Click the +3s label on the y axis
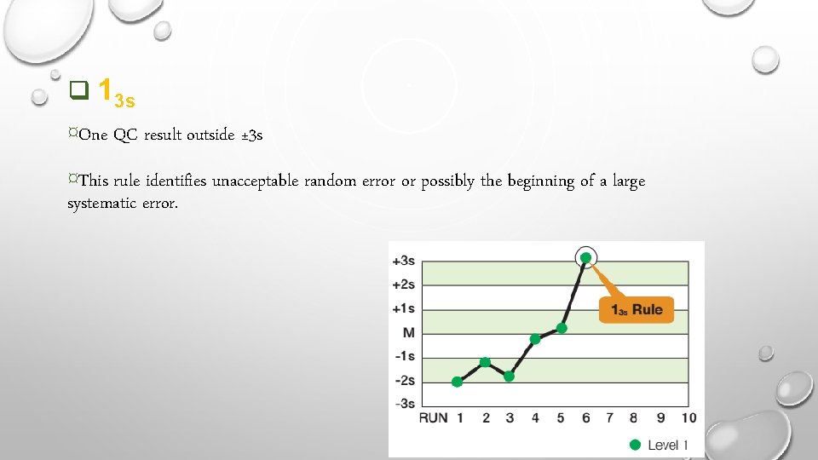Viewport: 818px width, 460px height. [x=403, y=260]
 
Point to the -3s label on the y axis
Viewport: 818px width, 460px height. [x=404, y=403]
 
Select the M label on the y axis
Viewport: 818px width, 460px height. [x=409, y=331]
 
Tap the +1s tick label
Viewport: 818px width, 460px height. [x=403, y=308]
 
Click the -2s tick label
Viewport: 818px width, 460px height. [x=404, y=380]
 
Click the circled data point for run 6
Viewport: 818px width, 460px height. [x=586, y=257]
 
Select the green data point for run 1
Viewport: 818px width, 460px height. [x=458, y=382]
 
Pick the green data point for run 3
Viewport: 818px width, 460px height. [x=510, y=376]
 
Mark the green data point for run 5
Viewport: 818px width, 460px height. [x=562, y=328]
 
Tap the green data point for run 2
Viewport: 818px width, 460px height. [x=486, y=362]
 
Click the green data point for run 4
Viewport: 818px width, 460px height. [x=535, y=339]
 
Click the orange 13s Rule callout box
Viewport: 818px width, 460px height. [x=636, y=309]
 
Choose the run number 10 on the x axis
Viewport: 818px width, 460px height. [x=688, y=417]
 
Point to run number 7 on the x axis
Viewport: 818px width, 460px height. [x=610, y=417]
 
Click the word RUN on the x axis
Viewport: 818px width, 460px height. [x=434, y=417]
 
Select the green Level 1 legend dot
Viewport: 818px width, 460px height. [x=634, y=444]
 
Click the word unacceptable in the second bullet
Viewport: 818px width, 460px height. [x=256, y=181]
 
